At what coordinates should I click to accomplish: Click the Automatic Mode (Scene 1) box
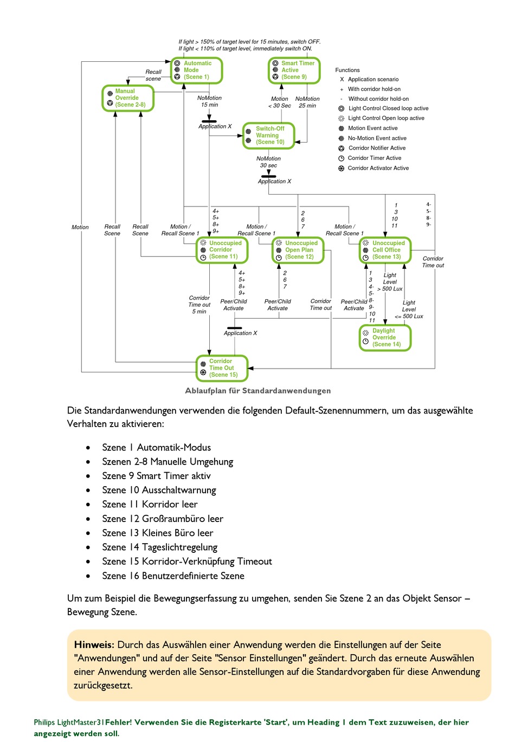[196, 70]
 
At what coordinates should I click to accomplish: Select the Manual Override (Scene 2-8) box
[128, 98]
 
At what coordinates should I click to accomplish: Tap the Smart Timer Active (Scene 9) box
[294, 70]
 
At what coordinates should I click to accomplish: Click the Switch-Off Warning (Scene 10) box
[268, 136]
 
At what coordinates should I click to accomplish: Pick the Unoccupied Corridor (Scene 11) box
[222, 250]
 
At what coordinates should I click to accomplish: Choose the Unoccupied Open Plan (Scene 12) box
[298, 250]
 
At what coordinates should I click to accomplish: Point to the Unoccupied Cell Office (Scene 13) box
[385, 250]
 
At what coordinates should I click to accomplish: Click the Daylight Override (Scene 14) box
[385, 338]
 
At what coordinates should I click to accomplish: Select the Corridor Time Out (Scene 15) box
[222, 368]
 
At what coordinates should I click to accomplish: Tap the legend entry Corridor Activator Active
[373, 168]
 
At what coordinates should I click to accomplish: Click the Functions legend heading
[347, 70]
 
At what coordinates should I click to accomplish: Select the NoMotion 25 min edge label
[307, 102]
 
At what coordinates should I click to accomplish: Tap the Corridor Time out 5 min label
[199, 305]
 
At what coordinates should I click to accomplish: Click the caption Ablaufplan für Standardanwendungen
[257, 391]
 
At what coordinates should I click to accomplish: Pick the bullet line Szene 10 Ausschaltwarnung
[159, 491]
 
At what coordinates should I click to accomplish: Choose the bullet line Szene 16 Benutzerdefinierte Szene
[173, 576]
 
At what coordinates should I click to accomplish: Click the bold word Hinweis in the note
[94, 645]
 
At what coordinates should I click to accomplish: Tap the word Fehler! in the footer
[119, 722]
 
